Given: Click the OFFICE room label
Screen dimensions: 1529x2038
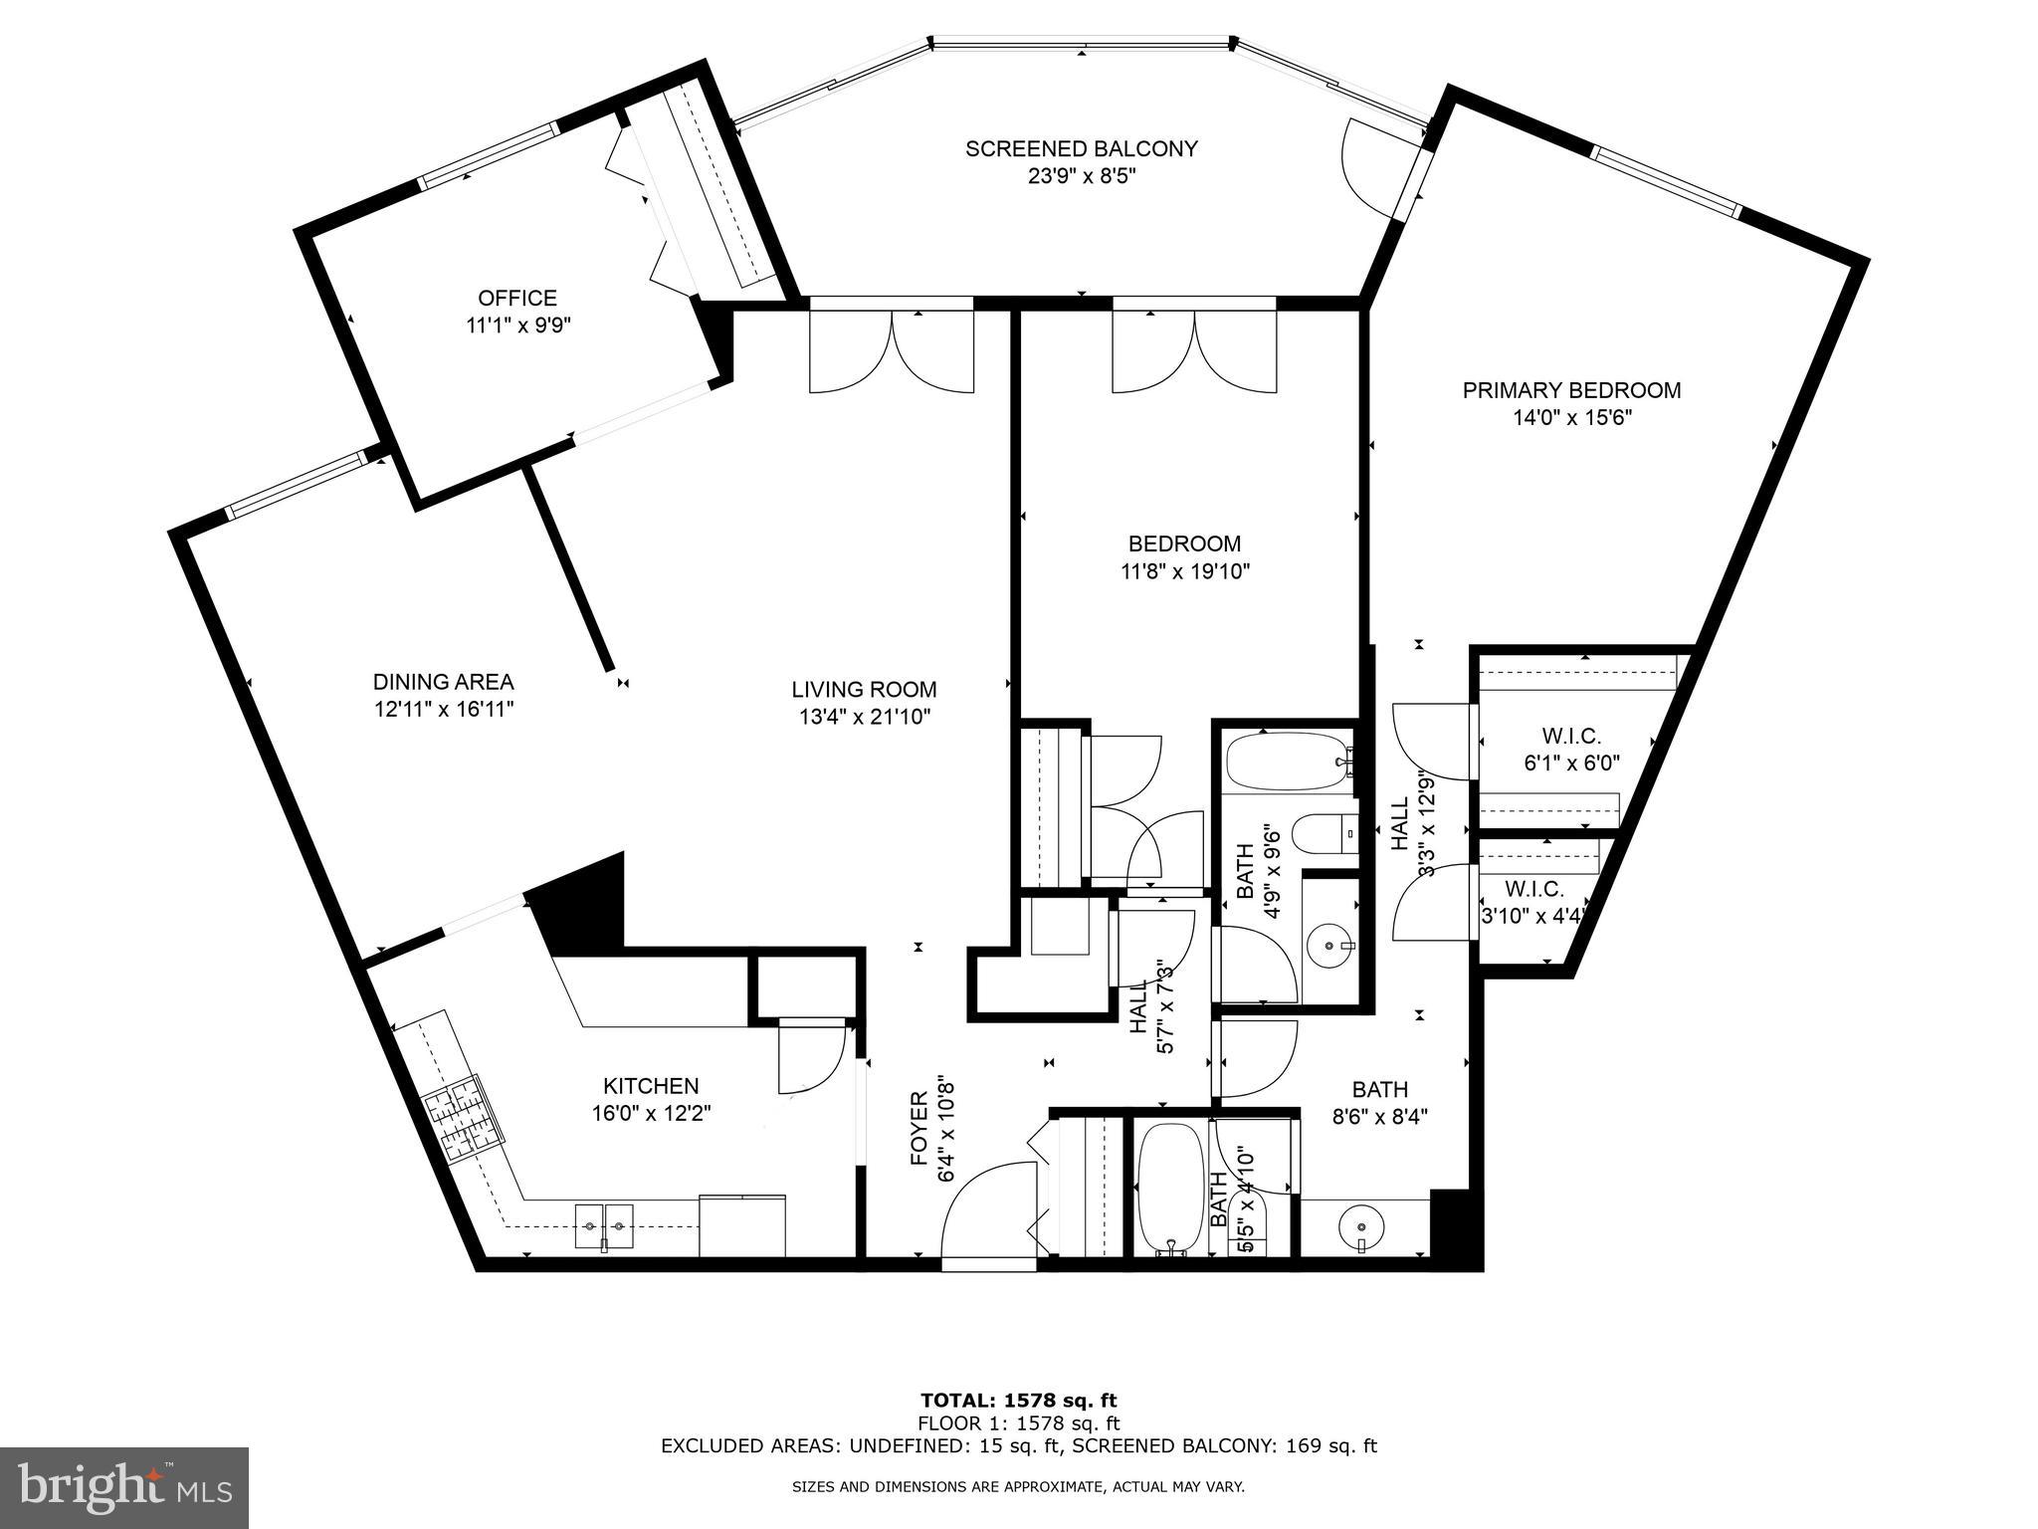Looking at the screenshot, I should click(x=517, y=298).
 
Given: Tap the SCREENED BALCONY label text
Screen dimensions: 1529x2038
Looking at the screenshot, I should click(x=1081, y=149).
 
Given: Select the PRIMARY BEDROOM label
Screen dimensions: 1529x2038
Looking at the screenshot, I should click(x=1571, y=390).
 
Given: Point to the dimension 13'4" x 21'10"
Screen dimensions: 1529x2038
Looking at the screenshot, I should click(x=864, y=717).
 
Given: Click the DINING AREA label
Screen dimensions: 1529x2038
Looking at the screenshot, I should click(x=443, y=682).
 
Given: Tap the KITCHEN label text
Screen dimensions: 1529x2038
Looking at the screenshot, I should click(x=651, y=1086).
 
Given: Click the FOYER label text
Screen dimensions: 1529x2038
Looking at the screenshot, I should click(x=918, y=1129).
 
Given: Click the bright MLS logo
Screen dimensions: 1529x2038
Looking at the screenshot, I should click(x=124, y=1487).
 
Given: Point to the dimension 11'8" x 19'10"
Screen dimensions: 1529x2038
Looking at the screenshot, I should click(x=1184, y=571).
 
